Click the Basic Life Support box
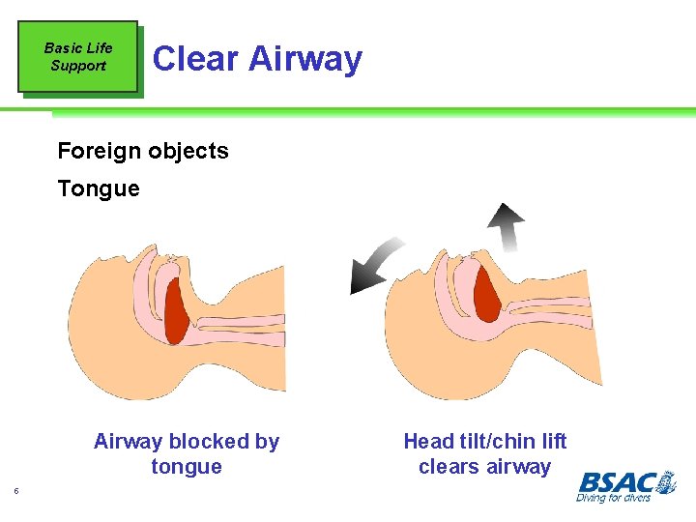coord(78,57)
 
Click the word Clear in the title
coord(195,59)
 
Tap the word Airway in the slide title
coord(304,59)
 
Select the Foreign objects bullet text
coord(143,151)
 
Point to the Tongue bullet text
coord(99,188)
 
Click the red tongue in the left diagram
coord(178,309)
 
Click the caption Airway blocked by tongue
coord(187,454)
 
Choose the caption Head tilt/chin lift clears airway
coord(484,454)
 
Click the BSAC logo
coord(626,481)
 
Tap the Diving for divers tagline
coord(613,498)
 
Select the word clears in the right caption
coord(449,467)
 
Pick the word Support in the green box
coord(78,66)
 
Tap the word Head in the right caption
coord(428,442)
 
